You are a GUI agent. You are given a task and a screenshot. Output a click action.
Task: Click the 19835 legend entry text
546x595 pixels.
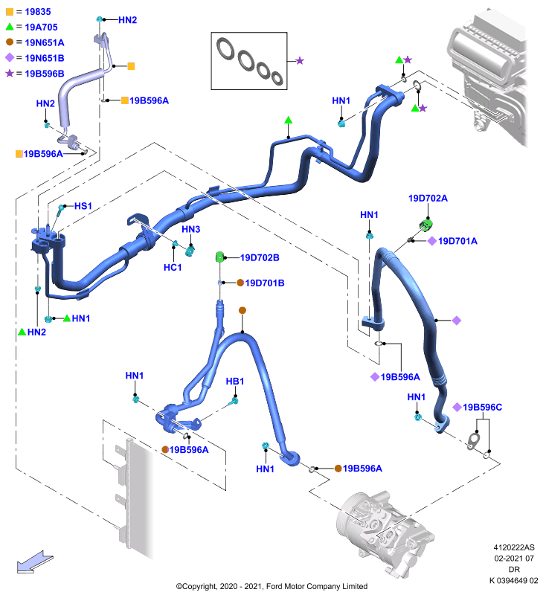click(37, 12)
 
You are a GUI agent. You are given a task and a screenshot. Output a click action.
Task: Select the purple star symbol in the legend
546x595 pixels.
click(10, 73)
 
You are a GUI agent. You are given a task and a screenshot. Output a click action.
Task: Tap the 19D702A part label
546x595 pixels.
click(428, 198)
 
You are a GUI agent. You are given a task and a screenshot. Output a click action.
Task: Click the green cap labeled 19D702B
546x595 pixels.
click(219, 257)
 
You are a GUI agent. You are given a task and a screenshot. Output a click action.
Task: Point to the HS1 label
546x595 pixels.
click(83, 206)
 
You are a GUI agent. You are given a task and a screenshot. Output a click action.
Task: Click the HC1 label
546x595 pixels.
click(173, 268)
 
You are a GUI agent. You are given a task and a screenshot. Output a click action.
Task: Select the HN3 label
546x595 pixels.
click(191, 229)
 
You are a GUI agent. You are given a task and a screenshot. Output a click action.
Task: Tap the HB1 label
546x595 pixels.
click(235, 382)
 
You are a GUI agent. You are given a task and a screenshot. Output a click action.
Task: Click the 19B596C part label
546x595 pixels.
click(482, 407)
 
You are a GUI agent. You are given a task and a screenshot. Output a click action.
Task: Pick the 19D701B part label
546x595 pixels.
click(265, 283)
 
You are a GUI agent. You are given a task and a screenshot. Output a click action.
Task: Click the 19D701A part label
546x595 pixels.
click(457, 241)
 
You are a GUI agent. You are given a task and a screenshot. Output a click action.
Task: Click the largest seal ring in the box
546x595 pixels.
click(226, 48)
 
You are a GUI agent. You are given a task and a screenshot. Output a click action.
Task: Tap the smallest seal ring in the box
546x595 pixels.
click(277, 78)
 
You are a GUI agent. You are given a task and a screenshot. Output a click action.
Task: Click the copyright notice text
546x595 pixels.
click(272, 586)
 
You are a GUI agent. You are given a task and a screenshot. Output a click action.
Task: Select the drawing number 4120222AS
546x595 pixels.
click(514, 547)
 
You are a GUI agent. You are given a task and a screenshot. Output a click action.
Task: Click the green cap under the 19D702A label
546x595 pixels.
click(426, 225)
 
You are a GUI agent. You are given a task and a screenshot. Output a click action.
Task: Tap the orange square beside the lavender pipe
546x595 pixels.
click(131, 66)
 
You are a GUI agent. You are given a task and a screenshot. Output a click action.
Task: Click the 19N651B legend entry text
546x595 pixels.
click(45, 58)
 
